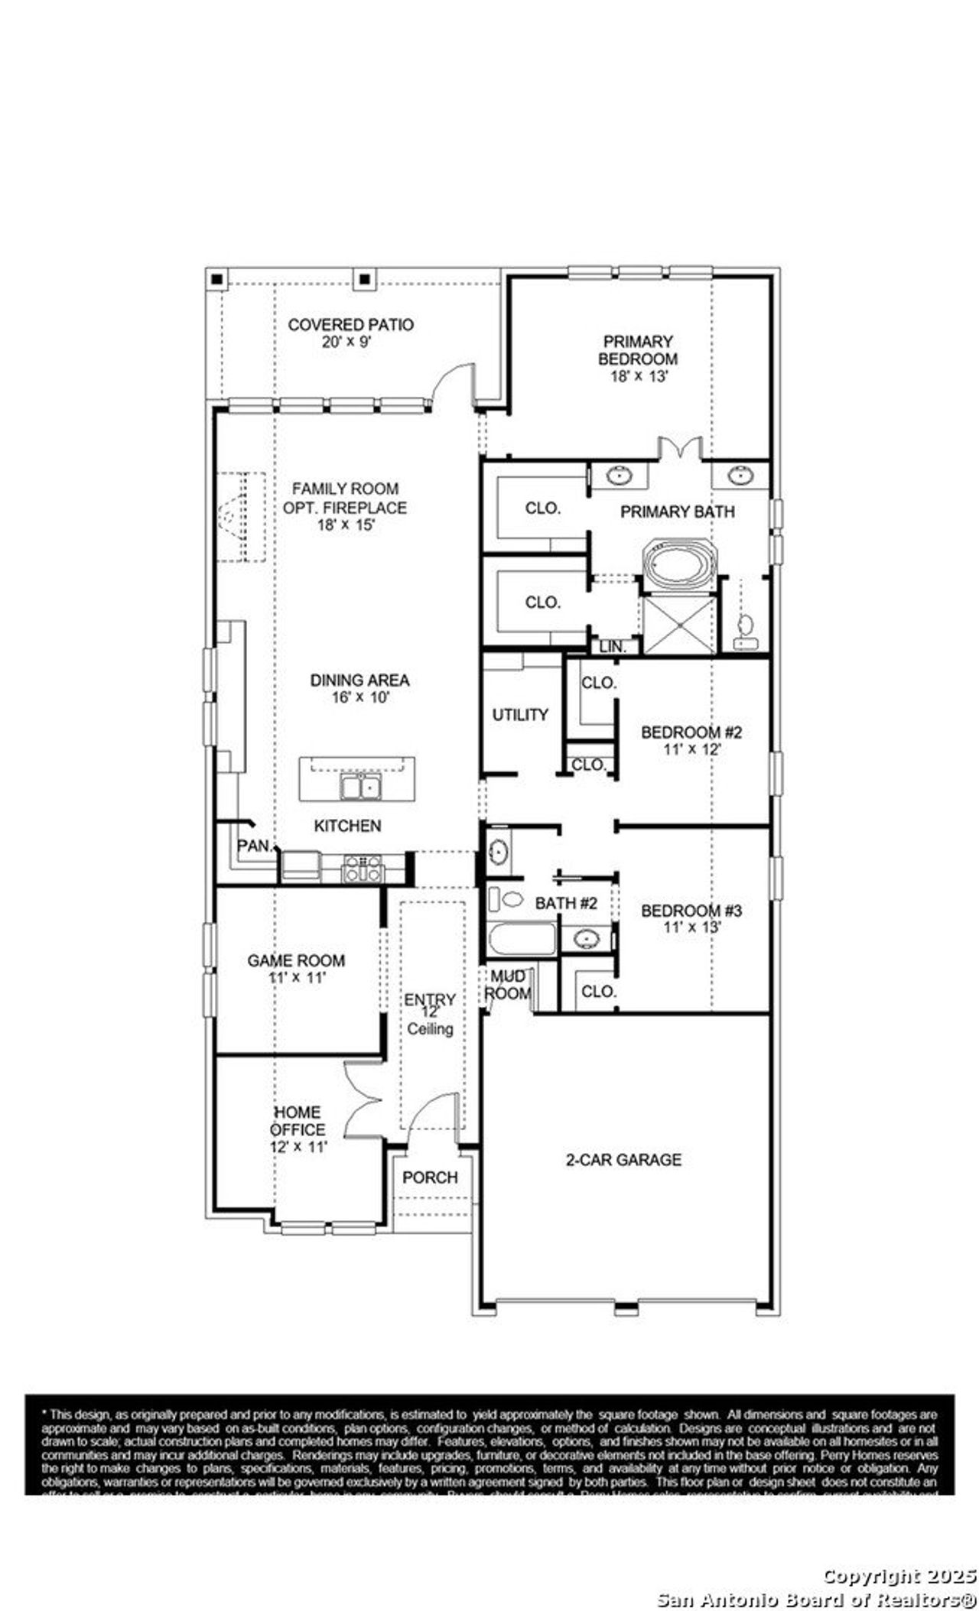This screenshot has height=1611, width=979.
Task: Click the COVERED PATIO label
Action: [350, 325]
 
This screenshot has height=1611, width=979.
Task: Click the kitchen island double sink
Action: [360, 786]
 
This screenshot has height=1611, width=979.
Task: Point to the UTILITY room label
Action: [520, 715]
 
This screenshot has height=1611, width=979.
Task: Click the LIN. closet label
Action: [613, 647]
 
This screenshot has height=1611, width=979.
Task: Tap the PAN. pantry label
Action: [255, 846]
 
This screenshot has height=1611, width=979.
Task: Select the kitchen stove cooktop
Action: [363, 868]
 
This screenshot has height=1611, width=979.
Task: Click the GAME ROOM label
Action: [296, 960]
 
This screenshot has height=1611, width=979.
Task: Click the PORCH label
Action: [430, 1177]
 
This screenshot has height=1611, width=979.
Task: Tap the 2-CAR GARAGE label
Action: [623, 1160]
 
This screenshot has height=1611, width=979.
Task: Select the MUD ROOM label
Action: [508, 985]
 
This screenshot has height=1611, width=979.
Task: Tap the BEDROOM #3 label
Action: [691, 911]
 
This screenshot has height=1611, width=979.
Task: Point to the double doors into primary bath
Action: [680, 450]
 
